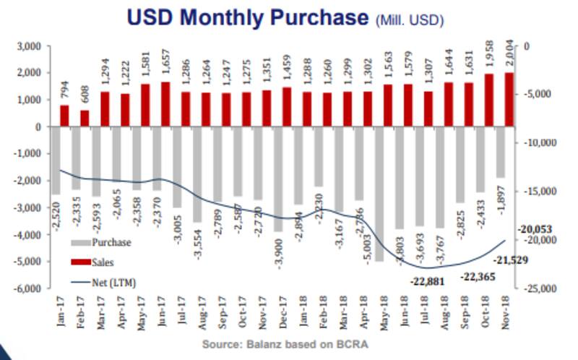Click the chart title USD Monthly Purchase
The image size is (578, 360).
click(x=246, y=17)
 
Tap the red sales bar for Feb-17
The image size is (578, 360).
click(x=85, y=118)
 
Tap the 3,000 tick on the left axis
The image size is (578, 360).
click(x=30, y=46)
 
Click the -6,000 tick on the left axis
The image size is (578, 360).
click(x=29, y=288)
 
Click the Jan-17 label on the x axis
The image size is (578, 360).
click(x=62, y=304)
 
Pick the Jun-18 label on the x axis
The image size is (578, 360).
click(x=408, y=304)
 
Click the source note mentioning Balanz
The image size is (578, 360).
click(x=288, y=343)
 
